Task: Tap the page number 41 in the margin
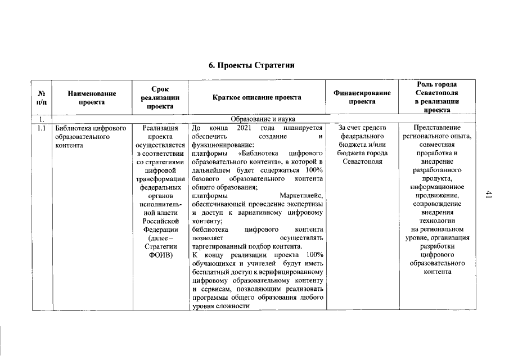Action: [488, 194]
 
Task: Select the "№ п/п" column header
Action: [42, 97]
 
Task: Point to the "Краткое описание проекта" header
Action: [256, 97]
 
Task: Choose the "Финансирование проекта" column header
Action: [362, 97]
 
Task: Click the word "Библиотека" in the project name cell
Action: [72, 128]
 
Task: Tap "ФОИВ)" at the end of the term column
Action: [159, 255]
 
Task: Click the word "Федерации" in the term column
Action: [160, 229]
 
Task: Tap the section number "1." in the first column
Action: [41, 119]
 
